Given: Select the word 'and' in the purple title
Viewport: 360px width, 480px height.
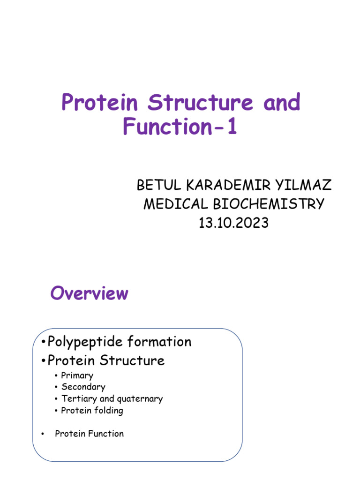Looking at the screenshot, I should (282, 102).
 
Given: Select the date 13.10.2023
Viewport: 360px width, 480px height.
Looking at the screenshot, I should (233, 223).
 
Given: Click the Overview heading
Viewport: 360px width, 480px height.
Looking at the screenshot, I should (89, 293).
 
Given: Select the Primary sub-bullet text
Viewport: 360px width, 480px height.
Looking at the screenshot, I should (77, 375).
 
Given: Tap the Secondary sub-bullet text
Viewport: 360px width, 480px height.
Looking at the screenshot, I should (83, 387).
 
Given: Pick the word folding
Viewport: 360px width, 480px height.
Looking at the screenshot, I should (108, 411).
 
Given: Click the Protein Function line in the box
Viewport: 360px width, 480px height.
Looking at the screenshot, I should (89, 434).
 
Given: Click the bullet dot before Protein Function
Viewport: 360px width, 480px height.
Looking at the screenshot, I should (43, 434).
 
